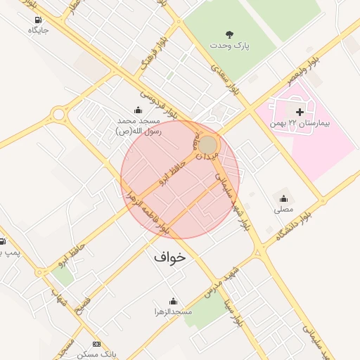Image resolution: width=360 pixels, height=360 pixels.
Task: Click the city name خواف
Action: (x=170, y=257)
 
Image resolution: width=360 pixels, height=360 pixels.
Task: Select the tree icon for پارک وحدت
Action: (x=229, y=34)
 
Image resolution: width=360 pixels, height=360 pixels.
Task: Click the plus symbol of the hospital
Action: (x=300, y=112)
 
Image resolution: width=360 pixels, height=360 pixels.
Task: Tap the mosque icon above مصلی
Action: (x=283, y=198)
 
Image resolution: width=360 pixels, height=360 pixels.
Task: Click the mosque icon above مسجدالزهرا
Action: (x=174, y=300)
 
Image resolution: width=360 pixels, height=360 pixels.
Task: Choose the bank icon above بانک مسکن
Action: (x=96, y=344)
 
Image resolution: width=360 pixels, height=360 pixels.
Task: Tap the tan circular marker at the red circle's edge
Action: (x=208, y=145)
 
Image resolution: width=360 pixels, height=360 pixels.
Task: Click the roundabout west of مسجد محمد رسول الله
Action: (x=58, y=114)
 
